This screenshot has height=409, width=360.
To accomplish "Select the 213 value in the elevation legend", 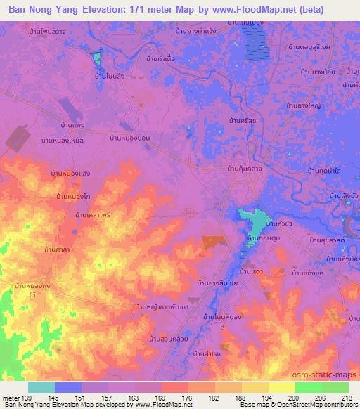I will point(346,397).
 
